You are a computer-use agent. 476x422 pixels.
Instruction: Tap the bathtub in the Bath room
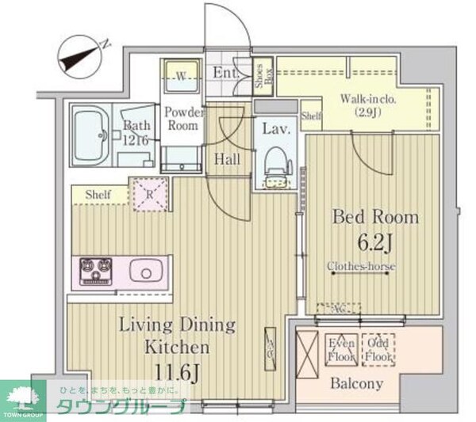(x=93, y=135)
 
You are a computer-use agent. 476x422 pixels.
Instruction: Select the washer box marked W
(x=182, y=76)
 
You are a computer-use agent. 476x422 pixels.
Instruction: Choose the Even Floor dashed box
(x=342, y=349)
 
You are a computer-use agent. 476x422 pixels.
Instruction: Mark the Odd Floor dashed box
(x=378, y=349)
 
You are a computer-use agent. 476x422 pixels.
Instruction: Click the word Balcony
(x=355, y=384)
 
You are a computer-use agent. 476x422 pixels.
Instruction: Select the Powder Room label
(x=184, y=119)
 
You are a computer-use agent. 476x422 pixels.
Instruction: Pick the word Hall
(x=228, y=159)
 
